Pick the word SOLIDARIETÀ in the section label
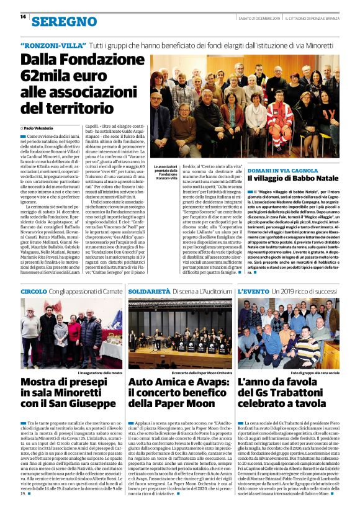[x=149, y=290]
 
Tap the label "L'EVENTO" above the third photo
[x=253, y=290]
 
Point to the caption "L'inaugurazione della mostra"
[x=100, y=373]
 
